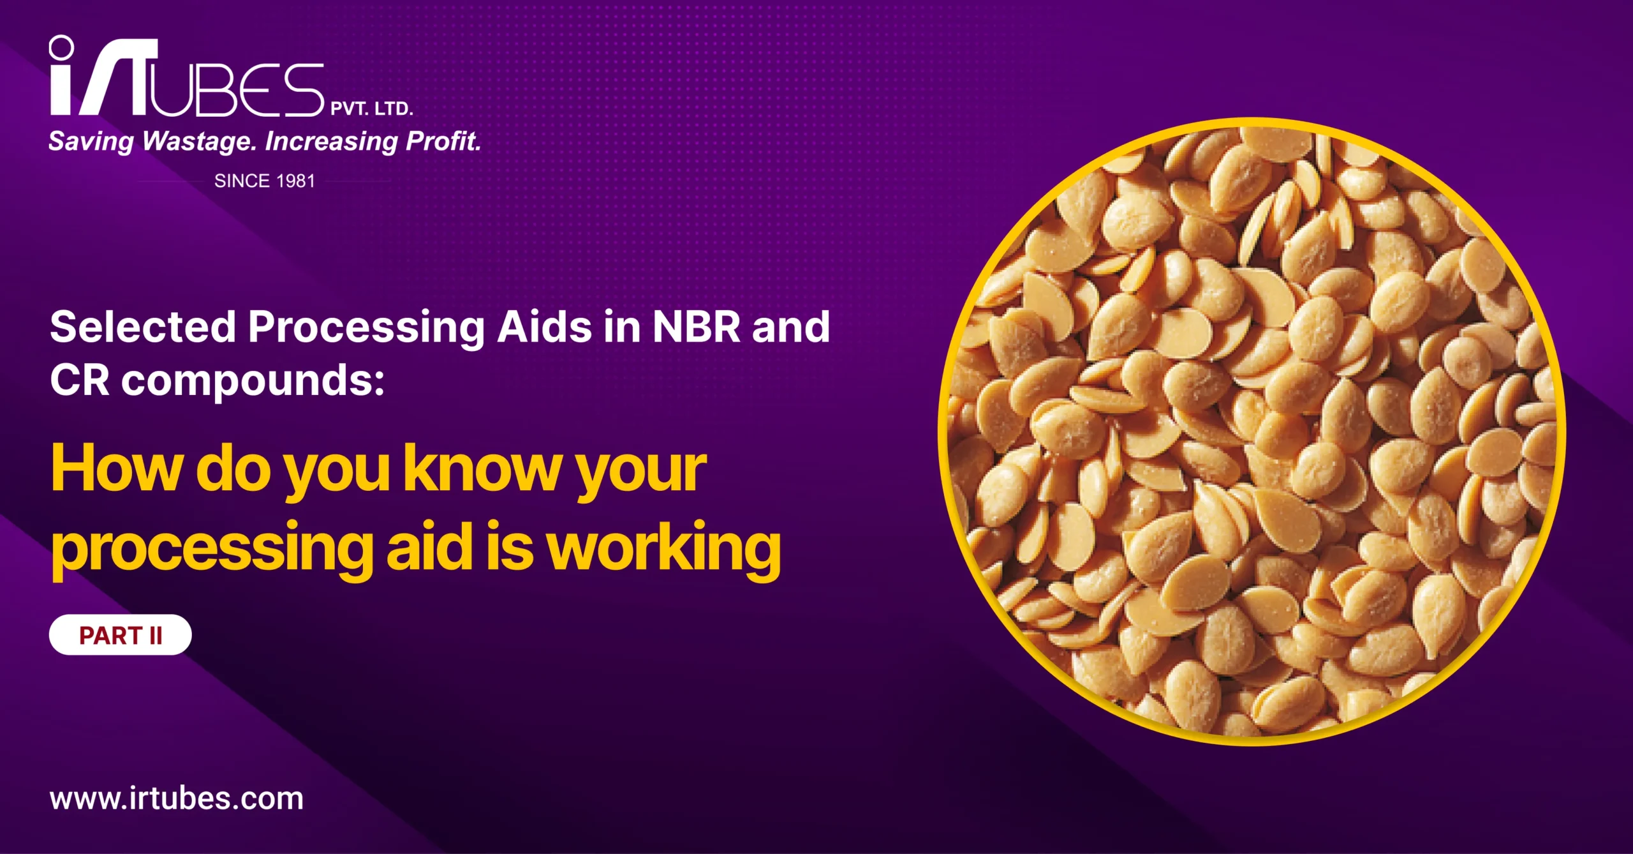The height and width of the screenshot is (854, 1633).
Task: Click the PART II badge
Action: (x=121, y=635)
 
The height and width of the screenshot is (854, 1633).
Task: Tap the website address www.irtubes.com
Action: (x=177, y=798)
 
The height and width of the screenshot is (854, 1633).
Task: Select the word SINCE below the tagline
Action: (x=242, y=181)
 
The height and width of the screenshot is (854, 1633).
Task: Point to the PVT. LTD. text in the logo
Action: (x=372, y=109)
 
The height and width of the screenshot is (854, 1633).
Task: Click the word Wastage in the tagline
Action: (x=198, y=142)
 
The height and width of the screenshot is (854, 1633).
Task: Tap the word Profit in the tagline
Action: (x=443, y=141)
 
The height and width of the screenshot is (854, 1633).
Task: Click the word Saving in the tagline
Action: (x=91, y=142)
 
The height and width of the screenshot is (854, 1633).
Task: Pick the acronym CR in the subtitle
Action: (x=80, y=380)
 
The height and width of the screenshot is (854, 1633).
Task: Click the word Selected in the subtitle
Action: (x=143, y=327)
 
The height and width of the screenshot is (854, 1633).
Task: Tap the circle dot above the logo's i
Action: (x=62, y=47)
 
